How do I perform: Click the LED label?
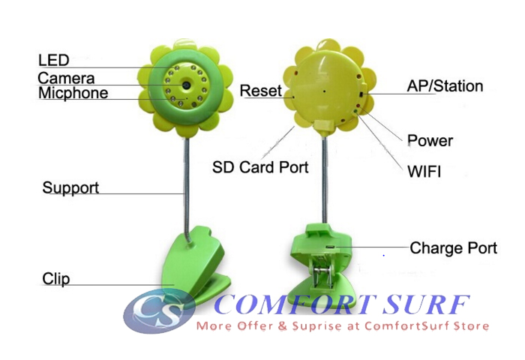coord(53,60)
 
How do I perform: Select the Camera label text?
coord(66,77)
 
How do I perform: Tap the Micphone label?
coord(73,94)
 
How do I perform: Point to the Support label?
coord(70,187)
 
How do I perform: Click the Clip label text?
coord(55,279)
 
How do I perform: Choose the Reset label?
coord(260,91)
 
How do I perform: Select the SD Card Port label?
coord(260,166)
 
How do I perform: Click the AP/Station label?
coord(445,85)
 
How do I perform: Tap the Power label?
coord(430,140)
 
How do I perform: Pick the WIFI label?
coord(424,172)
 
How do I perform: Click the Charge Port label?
coord(453,247)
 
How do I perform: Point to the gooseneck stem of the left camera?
coord(184,180)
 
